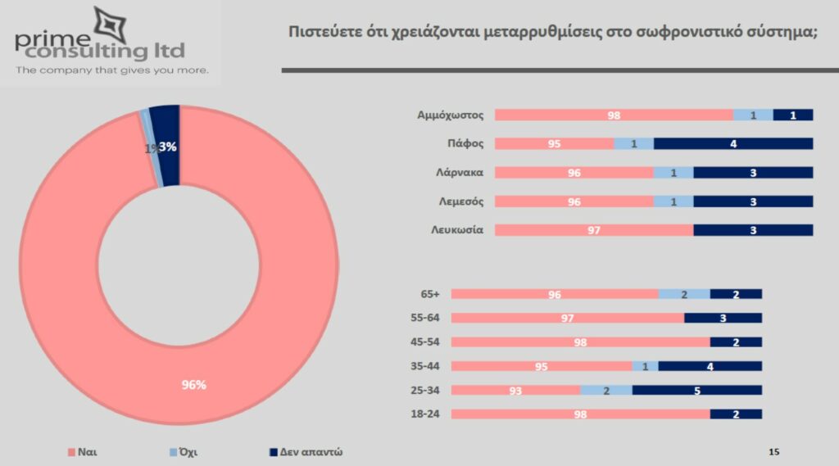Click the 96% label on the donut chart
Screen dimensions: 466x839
194,384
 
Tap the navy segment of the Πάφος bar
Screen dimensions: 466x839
733,143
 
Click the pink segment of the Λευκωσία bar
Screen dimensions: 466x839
594,230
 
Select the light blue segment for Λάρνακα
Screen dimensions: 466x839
673,173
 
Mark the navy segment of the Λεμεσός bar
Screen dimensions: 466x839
753,201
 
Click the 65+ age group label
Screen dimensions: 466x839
430,294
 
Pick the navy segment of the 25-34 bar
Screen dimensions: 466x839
696,391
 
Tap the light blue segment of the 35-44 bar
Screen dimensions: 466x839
645,366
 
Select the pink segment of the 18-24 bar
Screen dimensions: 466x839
580,414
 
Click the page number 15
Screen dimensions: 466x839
774,451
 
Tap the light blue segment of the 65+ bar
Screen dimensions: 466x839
684,294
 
